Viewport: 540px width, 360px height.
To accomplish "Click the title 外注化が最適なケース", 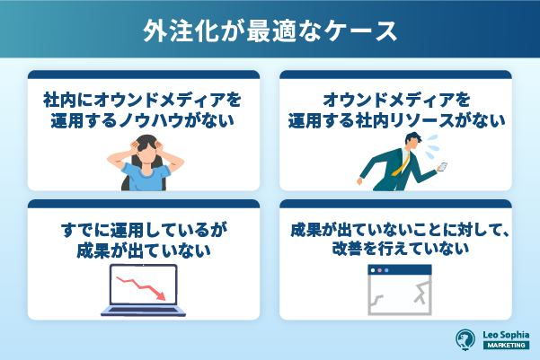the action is click(270, 31).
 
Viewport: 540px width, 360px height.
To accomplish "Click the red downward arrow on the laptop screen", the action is click(141, 287).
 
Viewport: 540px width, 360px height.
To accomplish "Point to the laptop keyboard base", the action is click(143, 311).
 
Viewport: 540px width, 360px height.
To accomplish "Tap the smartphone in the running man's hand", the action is click(442, 167).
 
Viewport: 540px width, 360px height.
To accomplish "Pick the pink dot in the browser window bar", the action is click(379, 270).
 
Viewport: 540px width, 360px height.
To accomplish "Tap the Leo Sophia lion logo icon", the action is click(465, 339).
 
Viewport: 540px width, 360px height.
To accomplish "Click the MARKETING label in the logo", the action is click(506, 345).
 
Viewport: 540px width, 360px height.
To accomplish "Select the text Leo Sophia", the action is click(506, 335).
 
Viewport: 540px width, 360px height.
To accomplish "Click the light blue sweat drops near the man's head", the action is click(432, 146).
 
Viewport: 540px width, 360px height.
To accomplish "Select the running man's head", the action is click(412, 140).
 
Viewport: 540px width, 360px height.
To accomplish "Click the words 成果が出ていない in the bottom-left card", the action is click(143, 250).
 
